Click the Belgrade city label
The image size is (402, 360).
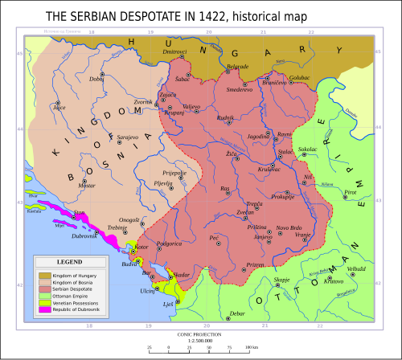(x=239, y=66)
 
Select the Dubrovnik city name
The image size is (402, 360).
(x=84, y=235)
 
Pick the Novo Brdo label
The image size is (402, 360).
(x=289, y=227)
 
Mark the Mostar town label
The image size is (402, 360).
(x=86, y=185)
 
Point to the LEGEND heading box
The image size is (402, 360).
(x=68, y=262)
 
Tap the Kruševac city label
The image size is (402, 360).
(x=268, y=170)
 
